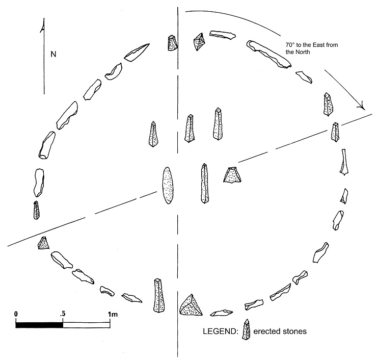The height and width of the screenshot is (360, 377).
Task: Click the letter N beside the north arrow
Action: tap(53, 53)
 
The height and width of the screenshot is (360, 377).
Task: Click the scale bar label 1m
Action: tap(113, 313)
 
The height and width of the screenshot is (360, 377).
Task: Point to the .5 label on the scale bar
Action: tap(62, 313)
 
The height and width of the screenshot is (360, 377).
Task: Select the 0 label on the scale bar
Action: tap(16, 313)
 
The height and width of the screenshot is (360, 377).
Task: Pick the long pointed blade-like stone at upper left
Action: tap(137, 52)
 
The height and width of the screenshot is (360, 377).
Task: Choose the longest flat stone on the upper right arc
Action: tap(268, 54)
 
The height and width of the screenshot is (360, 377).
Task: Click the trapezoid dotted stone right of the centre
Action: tap(232, 175)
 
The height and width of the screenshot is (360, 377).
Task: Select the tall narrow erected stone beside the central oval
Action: tap(205, 184)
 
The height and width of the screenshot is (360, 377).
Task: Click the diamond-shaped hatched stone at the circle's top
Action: tap(198, 42)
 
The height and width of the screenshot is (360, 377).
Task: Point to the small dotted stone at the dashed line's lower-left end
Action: tap(43, 244)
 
